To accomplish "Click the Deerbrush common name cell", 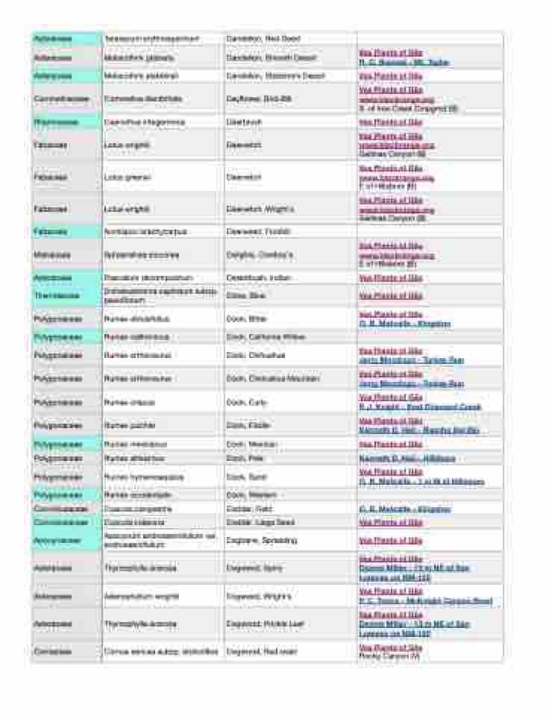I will click(x=243, y=122).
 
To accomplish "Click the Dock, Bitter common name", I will click(x=246, y=318).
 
